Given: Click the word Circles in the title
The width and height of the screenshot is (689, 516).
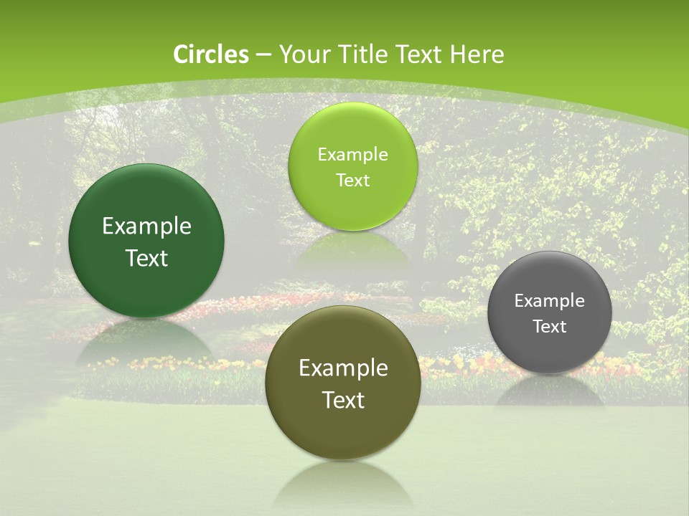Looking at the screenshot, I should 210,54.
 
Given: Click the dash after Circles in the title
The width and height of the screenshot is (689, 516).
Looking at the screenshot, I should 263,55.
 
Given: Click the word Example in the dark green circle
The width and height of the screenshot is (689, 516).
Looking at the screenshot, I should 146,226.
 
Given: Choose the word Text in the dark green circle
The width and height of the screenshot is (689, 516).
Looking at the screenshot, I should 146,258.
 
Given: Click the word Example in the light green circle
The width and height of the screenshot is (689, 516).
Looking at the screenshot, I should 352,155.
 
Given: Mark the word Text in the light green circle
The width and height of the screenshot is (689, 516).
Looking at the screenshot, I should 352,180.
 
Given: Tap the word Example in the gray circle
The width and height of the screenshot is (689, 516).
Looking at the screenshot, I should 549,301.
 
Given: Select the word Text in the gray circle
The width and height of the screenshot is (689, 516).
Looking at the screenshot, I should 549,326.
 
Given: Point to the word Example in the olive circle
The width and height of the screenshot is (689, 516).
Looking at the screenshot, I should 343,368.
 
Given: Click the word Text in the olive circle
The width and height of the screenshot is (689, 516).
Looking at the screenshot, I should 343,400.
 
